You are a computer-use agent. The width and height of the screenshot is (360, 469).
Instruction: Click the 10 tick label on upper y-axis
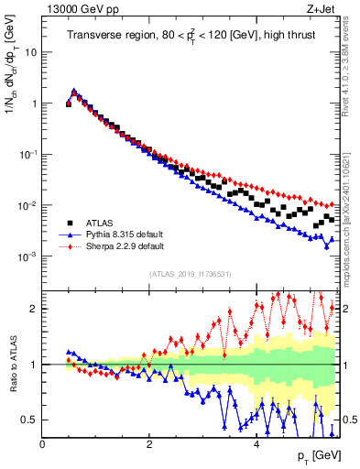pos(30,52)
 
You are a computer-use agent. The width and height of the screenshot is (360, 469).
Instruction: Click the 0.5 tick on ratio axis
pos(29,420)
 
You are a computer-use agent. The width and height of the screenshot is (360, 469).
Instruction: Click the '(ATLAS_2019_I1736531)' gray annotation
pos(190,274)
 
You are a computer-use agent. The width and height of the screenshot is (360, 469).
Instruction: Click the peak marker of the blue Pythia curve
pos(74,92)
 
